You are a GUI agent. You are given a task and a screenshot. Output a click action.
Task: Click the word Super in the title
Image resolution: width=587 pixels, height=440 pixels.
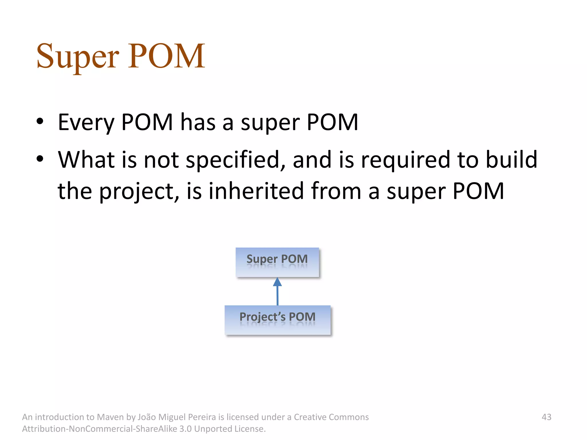click(77, 56)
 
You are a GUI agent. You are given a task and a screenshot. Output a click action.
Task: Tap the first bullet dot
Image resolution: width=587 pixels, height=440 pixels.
click(40, 121)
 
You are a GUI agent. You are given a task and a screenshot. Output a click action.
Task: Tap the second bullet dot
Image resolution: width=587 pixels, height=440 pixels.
click(40, 159)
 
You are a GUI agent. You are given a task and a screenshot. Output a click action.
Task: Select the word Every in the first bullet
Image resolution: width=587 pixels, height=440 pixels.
click(86, 123)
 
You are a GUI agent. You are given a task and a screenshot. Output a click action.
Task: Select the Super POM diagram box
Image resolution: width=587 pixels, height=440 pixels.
click(277, 262)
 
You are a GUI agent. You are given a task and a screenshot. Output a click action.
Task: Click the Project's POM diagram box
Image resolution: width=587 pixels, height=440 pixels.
click(277, 320)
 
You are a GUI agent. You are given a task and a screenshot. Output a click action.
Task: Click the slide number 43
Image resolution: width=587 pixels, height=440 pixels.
click(546, 417)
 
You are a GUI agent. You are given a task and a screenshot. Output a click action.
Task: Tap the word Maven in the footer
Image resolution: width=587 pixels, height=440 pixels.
click(110, 417)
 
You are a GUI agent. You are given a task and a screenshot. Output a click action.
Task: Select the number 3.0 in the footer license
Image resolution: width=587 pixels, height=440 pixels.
click(185, 429)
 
